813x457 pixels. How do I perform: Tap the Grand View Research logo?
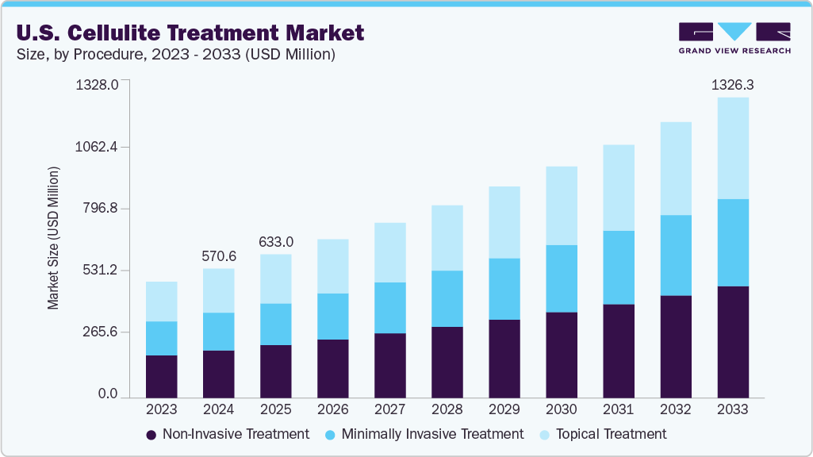[734, 38]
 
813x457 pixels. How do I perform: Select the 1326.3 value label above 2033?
[732, 83]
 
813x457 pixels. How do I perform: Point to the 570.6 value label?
[218, 255]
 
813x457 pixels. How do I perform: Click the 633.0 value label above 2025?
[275, 241]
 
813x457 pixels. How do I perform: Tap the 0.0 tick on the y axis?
[108, 394]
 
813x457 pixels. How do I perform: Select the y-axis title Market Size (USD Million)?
[53, 238]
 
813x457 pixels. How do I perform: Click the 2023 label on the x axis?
[161, 410]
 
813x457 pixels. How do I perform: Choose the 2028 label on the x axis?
[447, 410]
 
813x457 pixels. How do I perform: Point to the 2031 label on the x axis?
[618, 410]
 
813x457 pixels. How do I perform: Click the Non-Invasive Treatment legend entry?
[228, 434]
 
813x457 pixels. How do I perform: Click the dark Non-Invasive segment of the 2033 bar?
[732, 341]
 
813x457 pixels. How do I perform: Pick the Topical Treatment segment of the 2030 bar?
[561, 205]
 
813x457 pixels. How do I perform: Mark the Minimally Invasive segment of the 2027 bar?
[389, 308]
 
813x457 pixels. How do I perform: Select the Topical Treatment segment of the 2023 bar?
[161, 301]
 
